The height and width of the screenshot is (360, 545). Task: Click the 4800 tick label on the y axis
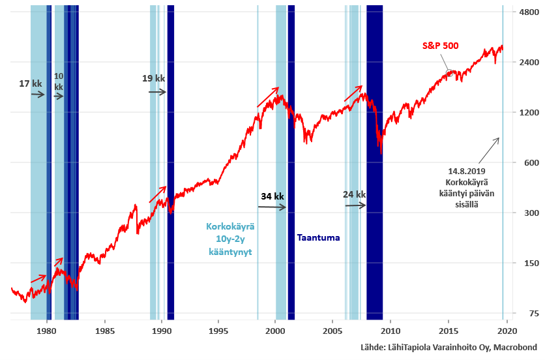[x=529, y=12]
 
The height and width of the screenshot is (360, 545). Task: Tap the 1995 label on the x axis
[x=218, y=331]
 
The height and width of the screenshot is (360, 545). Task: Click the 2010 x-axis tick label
[x=390, y=331]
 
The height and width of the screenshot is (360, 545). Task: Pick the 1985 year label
[x=104, y=331]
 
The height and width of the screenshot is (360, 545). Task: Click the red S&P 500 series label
[x=441, y=46]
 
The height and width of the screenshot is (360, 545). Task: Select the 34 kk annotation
[x=272, y=196]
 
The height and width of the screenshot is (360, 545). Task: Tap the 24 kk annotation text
[x=354, y=194]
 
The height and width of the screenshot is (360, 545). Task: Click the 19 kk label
[x=153, y=78]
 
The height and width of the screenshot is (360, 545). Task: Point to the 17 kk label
[x=31, y=83]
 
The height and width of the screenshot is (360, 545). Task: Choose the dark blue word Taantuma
[x=318, y=237]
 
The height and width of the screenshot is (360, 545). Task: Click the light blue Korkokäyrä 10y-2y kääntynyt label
[x=230, y=239]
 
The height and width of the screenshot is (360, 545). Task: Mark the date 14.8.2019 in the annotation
[x=467, y=171]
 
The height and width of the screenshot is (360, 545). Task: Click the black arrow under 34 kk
[x=272, y=207]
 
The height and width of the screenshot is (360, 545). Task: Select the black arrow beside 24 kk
[x=355, y=205]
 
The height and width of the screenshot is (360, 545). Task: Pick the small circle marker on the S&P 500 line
[x=449, y=73]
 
